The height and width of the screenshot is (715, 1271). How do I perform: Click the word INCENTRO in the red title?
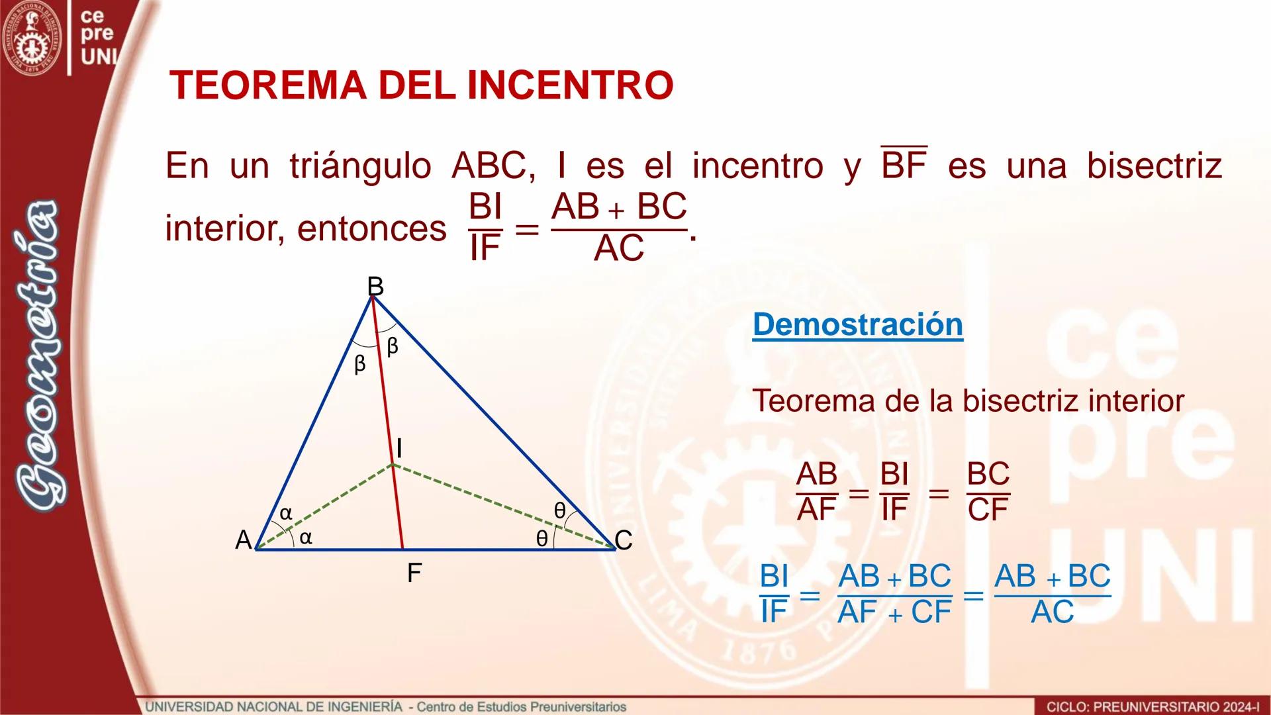[570, 85]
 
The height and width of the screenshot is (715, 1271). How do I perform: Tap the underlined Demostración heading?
[857, 324]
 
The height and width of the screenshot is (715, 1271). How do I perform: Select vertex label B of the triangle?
[375, 286]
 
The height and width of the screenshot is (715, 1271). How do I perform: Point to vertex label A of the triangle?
[244, 540]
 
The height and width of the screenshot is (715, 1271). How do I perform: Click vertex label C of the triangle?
[624, 540]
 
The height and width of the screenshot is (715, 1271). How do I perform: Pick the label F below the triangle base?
[414, 573]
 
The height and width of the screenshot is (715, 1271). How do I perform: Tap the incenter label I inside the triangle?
[399, 449]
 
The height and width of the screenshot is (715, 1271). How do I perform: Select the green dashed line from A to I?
[324, 507]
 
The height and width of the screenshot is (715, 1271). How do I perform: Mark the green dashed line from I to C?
[503, 506]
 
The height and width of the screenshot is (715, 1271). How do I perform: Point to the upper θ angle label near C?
[559, 510]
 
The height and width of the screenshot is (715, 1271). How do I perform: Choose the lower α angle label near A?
[305, 538]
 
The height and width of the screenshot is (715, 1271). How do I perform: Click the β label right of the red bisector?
[393, 346]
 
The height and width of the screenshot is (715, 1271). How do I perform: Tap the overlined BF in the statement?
[904, 164]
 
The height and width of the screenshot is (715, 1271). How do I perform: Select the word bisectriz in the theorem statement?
[1154, 166]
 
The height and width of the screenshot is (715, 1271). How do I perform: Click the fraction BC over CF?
[988, 492]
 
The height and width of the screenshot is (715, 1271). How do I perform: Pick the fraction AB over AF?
[817, 492]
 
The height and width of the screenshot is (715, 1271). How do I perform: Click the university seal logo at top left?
[31, 38]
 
